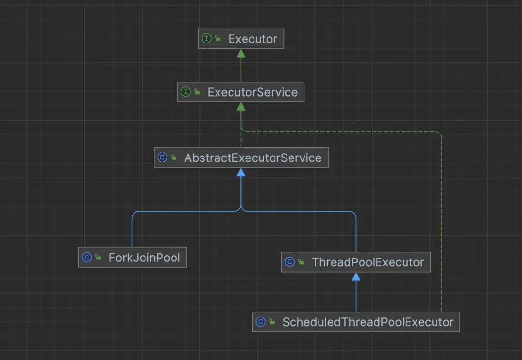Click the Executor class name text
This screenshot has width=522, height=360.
[x=253, y=39]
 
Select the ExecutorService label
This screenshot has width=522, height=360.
[x=253, y=92]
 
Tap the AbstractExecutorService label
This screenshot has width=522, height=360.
[x=253, y=158]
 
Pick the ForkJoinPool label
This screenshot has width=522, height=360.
[x=144, y=258]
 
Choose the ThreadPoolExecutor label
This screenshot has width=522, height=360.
[x=368, y=262]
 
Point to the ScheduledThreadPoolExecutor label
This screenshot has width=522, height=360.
[x=368, y=322]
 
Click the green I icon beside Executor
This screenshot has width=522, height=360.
[x=206, y=39]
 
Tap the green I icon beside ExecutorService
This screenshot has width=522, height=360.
[x=186, y=92]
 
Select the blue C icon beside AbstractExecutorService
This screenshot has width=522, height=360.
[x=162, y=158]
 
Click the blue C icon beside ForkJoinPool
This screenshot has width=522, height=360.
[x=87, y=257]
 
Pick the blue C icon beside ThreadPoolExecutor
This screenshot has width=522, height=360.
[x=290, y=262]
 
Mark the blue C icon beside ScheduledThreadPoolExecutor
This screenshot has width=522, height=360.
[x=261, y=322]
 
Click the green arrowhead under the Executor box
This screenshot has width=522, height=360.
[x=241, y=53]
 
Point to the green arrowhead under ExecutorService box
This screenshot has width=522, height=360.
[x=241, y=106]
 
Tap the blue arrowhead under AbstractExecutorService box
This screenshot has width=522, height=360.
[x=241, y=173]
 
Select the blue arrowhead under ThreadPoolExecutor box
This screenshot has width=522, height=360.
[x=356, y=276]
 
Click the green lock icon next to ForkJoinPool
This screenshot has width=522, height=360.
[x=98, y=257]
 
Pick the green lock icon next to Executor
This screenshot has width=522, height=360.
[x=217, y=39]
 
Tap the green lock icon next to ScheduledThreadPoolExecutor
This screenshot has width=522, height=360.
[x=272, y=322]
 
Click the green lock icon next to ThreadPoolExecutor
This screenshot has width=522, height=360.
[x=301, y=262]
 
